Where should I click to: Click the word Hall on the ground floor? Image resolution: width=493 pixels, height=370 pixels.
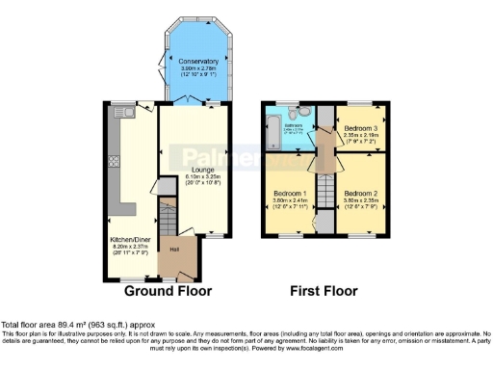(x=175, y=250)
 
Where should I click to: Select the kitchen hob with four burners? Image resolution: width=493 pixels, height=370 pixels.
(x=114, y=160)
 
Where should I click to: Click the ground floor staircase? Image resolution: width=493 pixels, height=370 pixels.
(x=169, y=222)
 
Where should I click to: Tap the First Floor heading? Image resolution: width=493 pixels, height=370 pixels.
(x=324, y=290)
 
